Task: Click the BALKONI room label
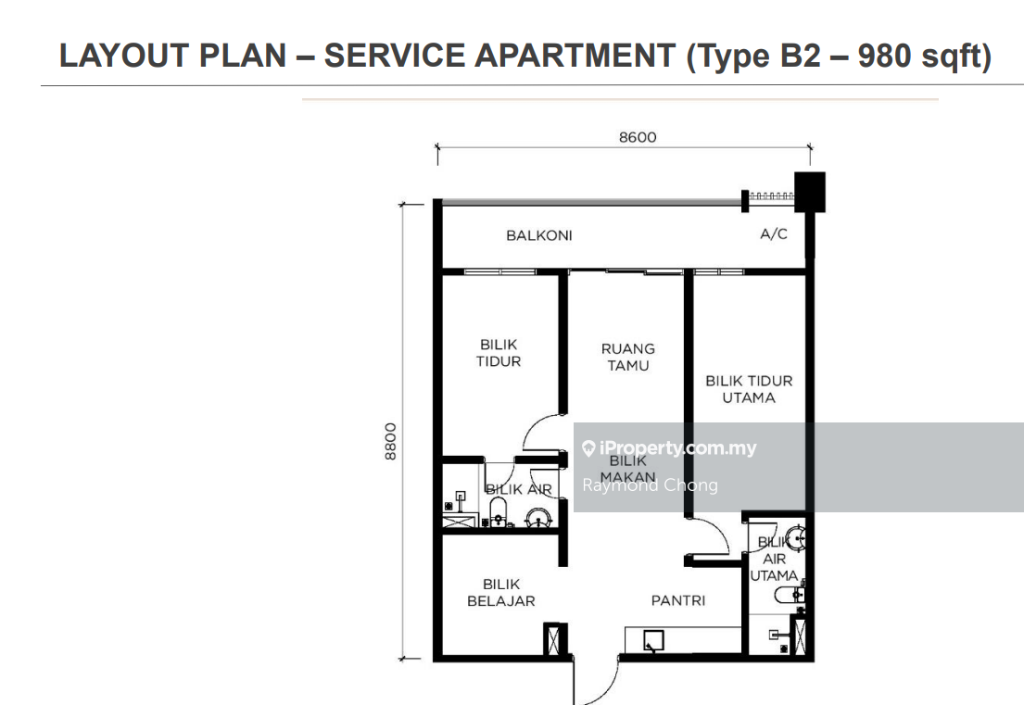click(x=538, y=235)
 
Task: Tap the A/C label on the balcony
click(x=774, y=233)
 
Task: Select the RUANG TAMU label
click(x=628, y=357)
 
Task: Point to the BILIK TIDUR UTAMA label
click(x=749, y=389)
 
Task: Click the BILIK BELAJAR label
click(x=501, y=593)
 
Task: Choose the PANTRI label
click(x=677, y=600)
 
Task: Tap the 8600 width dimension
click(x=638, y=137)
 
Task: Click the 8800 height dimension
click(x=390, y=442)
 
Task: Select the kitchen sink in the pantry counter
click(x=653, y=640)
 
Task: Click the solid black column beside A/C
click(x=810, y=192)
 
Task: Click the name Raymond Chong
click(x=650, y=485)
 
